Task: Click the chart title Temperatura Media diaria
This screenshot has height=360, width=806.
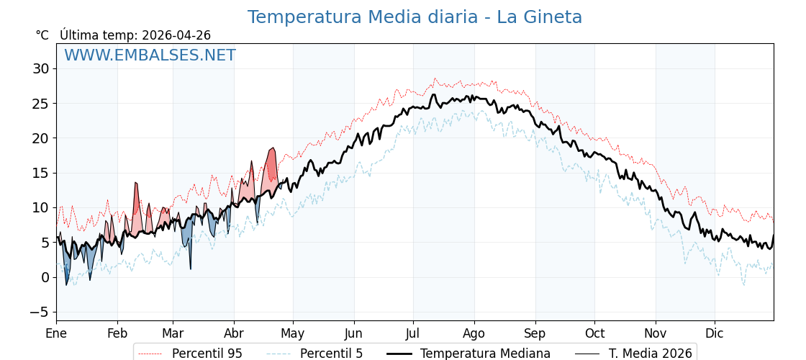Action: pyautogui.click(x=415, y=17)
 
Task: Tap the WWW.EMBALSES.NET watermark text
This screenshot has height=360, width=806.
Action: pyautogui.click(x=150, y=55)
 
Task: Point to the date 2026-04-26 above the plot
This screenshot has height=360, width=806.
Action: pyautogui.click(x=176, y=35)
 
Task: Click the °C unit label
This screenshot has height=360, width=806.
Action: pyautogui.click(x=42, y=35)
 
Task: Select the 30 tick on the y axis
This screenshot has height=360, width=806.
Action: pyautogui.click(x=40, y=69)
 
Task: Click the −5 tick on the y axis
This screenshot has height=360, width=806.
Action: pyautogui.click(x=38, y=312)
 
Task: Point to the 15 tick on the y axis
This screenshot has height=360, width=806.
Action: pyautogui.click(x=40, y=173)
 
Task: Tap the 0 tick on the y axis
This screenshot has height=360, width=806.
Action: pyautogui.click(x=45, y=277)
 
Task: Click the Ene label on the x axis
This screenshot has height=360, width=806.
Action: pyautogui.click(x=56, y=333)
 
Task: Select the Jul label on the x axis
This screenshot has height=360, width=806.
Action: pyautogui.click(x=413, y=333)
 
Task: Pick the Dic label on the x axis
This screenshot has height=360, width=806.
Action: pyautogui.click(x=715, y=333)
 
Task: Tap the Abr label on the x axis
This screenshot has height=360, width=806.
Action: pyautogui.click(x=234, y=333)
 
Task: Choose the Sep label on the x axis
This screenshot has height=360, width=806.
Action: pyautogui.click(x=535, y=333)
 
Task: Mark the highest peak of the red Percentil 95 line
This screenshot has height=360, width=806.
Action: pyautogui.click(x=435, y=78)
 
